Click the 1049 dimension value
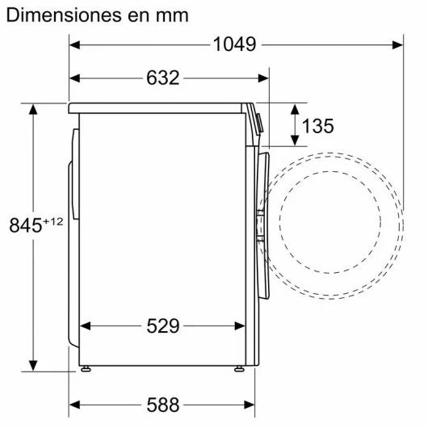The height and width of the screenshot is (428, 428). (x=234, y=44)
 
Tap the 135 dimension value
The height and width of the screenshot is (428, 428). (x=317, y=126)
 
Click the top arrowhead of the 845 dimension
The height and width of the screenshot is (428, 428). (x=33, y=108)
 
